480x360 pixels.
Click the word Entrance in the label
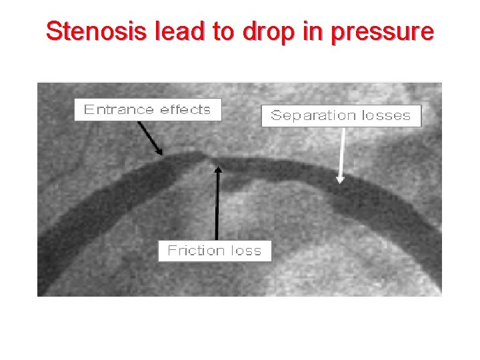coord(117,110)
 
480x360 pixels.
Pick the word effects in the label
coord(185,110)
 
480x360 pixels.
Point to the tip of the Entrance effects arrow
coord(161,153)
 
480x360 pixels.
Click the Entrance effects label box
coord(147,110)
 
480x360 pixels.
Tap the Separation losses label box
coord(341,115)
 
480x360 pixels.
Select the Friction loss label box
coord(215,251)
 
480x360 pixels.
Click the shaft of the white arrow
coord(342,150)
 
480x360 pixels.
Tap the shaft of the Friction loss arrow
coord(217,207)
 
